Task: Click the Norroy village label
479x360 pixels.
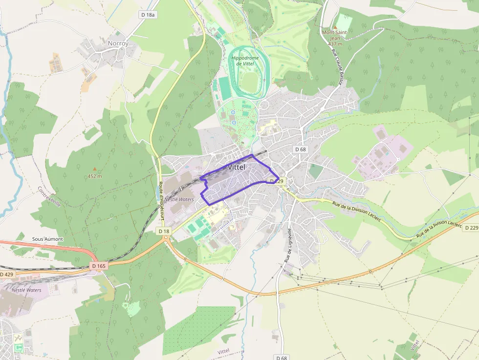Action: click(118, 43)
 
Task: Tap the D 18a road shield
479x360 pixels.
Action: click(148, 15)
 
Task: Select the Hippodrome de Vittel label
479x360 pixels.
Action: click(243, 61)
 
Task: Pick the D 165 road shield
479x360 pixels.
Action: click(98, 266)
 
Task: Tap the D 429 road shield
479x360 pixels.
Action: click(7, 275)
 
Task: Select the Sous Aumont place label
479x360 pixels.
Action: click(47, 239)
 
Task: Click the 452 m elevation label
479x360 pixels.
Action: click(95, 176)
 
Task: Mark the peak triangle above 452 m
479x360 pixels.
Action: click(95, 169)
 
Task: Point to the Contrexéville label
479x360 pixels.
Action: click(49, 197)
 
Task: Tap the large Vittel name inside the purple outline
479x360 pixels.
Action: click(237, 167)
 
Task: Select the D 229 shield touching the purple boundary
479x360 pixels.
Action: click(277, 181)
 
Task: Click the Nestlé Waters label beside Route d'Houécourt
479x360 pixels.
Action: click(179, 199)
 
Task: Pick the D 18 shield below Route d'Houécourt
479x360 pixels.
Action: click(164, 231)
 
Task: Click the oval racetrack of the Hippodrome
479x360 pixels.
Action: click(250, 73)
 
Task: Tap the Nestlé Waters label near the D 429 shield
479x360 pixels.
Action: click(26, 290)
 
